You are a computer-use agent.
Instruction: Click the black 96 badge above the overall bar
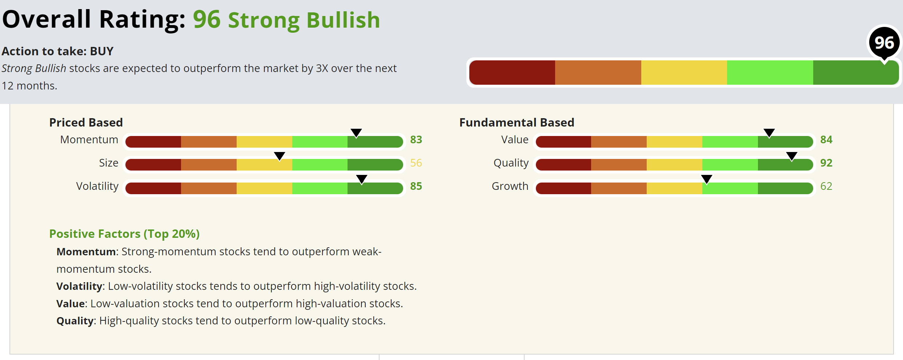[x=884, y=43]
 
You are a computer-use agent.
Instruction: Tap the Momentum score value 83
[x=416, y=140]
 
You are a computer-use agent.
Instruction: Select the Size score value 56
[x=416, y=163]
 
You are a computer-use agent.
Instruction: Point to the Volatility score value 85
[x=416, y=186]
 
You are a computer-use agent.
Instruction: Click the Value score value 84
[x=826, y=140]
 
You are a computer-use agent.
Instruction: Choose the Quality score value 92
[x=826, y=163]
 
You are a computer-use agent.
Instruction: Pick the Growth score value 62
[x=826, y=186]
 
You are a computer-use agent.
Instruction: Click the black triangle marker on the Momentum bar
[x=356, y=133]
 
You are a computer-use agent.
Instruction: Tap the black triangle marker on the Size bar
[x=279, y=156]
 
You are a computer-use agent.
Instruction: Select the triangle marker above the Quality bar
[x=792, y=156]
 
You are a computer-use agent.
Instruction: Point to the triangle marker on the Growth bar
[x=707, y=179]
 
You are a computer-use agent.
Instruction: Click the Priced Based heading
[x=86, y=123]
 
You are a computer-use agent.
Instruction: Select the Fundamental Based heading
[x=517, y=123]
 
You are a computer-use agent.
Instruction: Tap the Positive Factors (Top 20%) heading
[x=124, y=234]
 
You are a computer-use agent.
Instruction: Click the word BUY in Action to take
[x=102, y=51]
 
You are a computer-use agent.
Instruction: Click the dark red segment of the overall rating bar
[x=512, y=73]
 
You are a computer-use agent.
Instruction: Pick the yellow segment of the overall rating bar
[x=684, y=73]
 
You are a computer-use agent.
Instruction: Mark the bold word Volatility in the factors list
[x=79, y=287]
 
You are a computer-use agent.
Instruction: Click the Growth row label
[x=510, y=186]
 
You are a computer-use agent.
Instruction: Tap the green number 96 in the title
[x=206, y=20]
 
